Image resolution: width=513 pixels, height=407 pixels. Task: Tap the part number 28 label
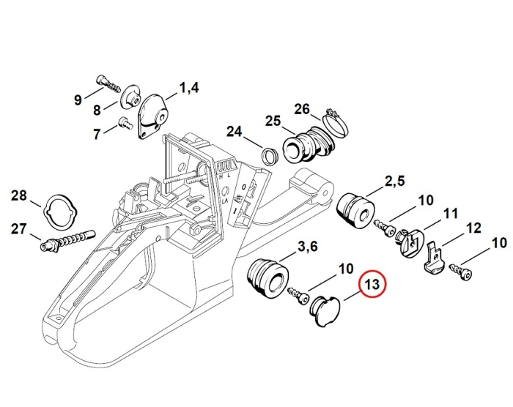[19, 195]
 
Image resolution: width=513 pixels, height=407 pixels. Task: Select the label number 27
[19, 228]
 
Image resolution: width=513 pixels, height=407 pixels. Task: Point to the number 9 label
[78, 100]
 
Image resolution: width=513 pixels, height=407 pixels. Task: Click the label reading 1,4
[188, 89]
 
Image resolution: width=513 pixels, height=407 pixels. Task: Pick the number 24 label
[234, 132]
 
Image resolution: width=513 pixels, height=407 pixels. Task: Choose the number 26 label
[303, 109]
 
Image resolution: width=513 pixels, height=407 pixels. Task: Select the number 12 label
[473, 228]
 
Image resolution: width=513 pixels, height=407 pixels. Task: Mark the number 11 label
[449, 214]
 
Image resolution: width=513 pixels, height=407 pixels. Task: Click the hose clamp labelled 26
[335, 124]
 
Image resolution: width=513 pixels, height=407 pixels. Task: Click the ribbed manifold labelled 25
[308, 144]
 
